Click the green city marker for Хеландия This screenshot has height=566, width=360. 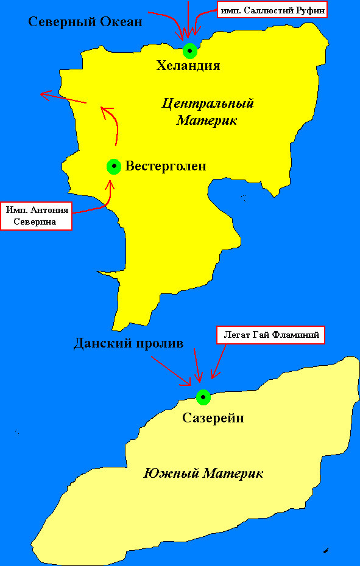tap(190, 50)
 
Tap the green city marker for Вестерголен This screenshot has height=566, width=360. tap(114, 166)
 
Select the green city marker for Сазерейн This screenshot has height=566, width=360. tap(203, 397)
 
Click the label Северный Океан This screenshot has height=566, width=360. tap(86, 23)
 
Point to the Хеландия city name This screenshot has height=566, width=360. tap(188, 66)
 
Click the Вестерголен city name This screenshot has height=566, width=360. tap(166, 166)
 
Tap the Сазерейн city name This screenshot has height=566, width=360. tap(213, 418)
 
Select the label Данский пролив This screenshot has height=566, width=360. tap(128, 343)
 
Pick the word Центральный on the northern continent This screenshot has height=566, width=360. tap(208, 103)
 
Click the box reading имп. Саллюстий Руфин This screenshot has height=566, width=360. tap(272, 10)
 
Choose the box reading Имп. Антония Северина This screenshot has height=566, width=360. tap(35, 216)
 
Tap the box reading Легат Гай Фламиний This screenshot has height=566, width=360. tap(271, 335)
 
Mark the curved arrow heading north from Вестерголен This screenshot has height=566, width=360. tap(113, 125)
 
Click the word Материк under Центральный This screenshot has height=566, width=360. tap(206, 121)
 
